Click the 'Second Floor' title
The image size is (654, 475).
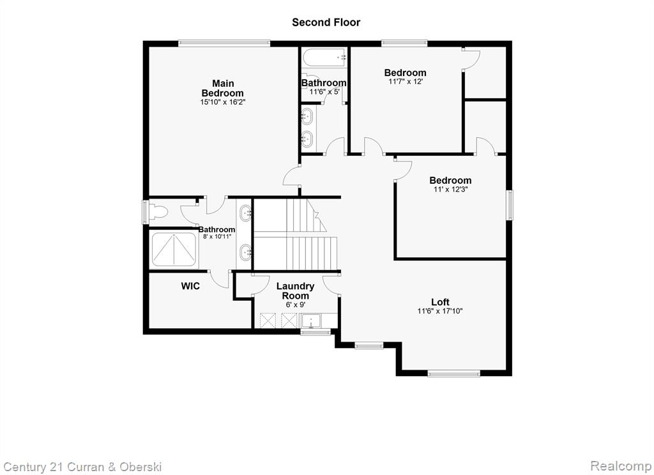[x=326, y=22]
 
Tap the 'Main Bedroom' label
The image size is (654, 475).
[x=223, y=88]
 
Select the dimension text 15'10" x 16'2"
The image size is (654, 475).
[x=223, y=102]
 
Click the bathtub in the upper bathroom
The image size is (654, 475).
[x=324, y=57]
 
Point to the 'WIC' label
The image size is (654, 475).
[x=190, y=286]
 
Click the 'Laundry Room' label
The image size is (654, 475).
[x=295, y=291]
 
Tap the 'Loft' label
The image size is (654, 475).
[x=440, y=302]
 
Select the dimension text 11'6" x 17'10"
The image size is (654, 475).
[x=440, y=311]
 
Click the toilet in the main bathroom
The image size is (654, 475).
[x=157, y=212]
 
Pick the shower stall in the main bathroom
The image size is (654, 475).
[x=174, y=250]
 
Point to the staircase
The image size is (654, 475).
[x=295, y=234]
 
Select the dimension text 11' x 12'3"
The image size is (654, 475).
[x=450, y=190]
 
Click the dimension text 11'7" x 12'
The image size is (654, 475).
[x=406, y=82]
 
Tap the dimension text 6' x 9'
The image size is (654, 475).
[x=295, y=305]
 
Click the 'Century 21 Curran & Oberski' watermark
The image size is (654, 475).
[x=82, y=467]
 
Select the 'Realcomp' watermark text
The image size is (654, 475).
[x=621, y=465]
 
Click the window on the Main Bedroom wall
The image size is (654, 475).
[x=224, y=42]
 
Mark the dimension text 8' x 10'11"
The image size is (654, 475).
[x=217, y=237]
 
